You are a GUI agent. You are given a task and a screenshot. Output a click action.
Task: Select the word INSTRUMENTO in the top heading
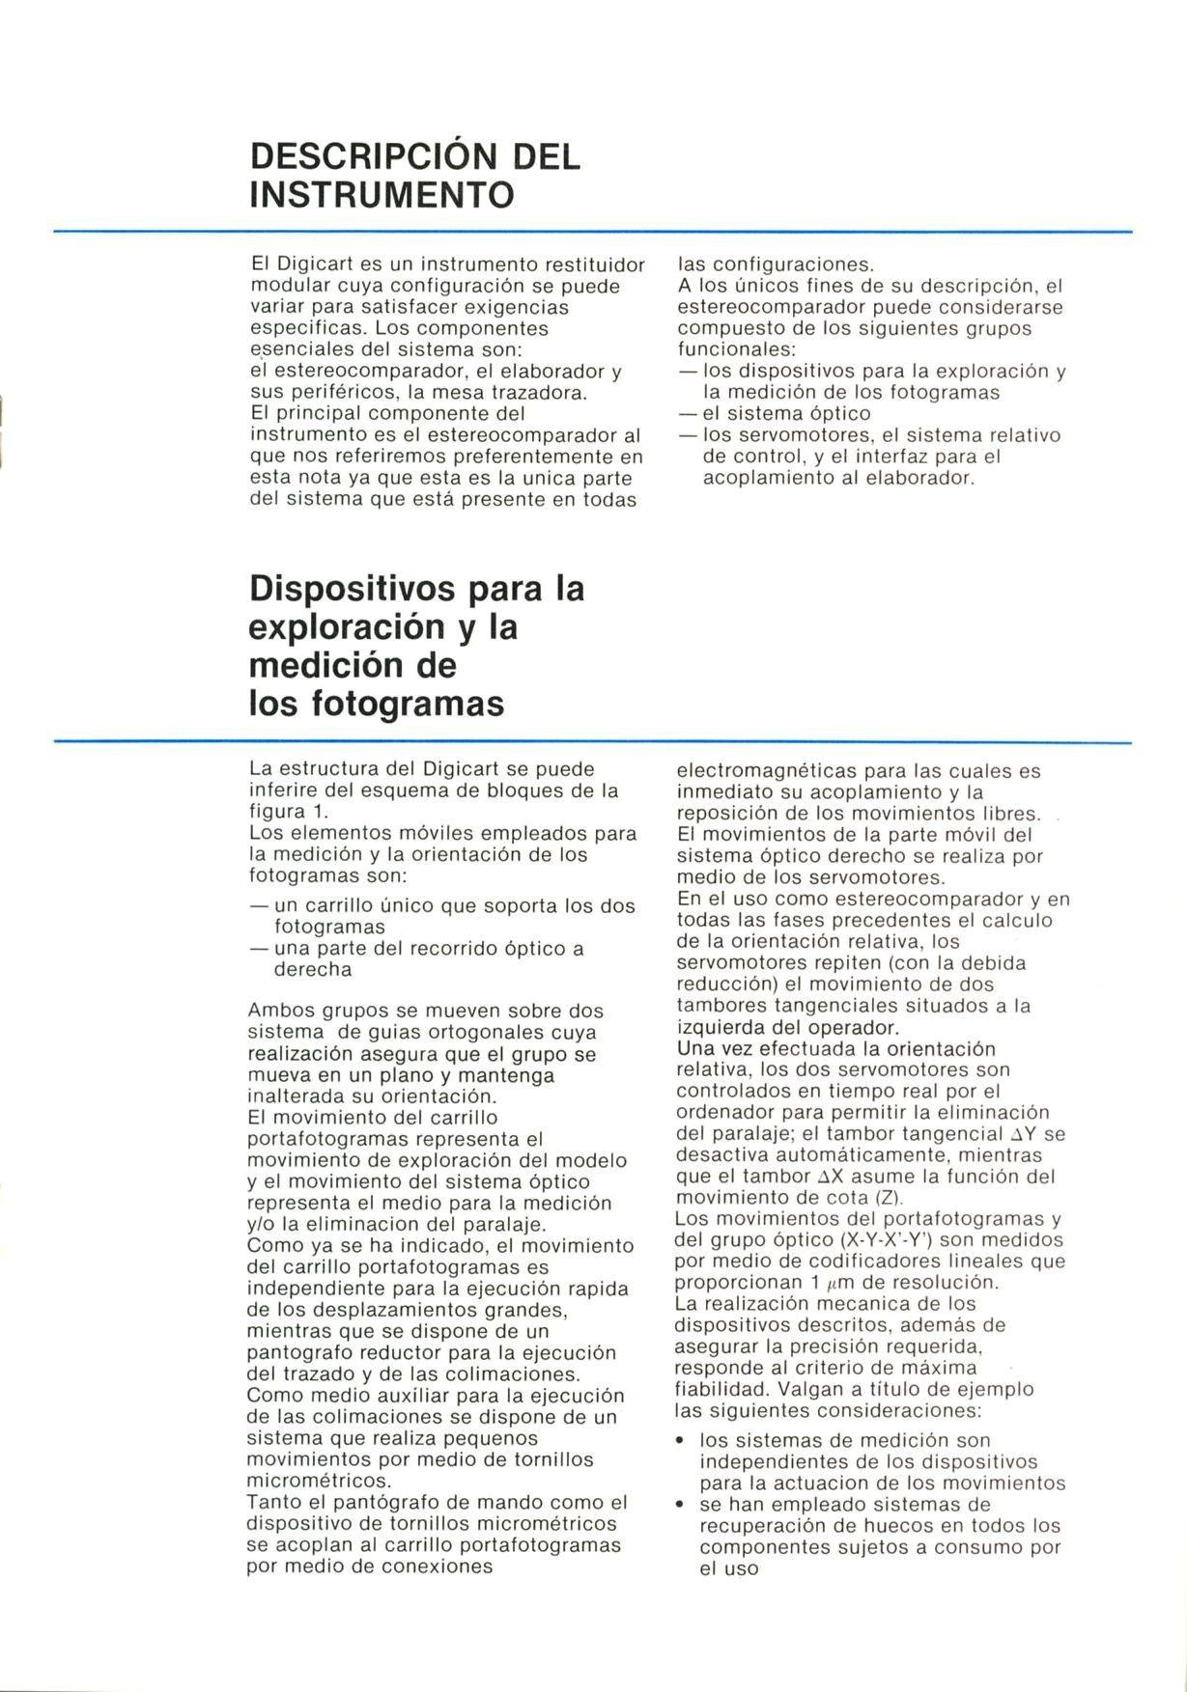382,195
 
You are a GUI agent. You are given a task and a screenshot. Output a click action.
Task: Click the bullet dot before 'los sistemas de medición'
681,1441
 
